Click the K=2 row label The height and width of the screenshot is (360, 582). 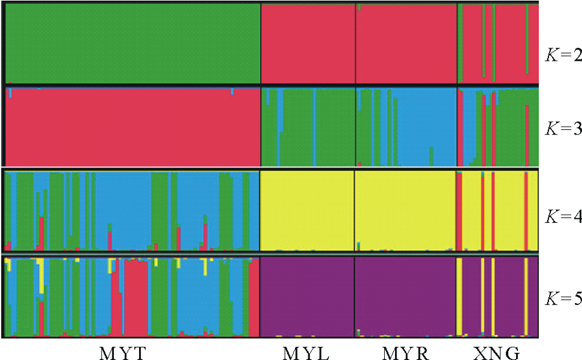tap(561, 52)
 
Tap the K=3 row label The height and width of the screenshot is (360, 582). tap(561, 128)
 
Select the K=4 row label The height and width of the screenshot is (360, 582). tap(561, 216)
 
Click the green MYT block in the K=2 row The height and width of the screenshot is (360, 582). tap(133, 43)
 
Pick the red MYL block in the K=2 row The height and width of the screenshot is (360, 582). tap(308, 43)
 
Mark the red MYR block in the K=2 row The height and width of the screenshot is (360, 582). tap(406, 43)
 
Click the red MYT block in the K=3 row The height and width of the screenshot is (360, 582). tap(133, 127)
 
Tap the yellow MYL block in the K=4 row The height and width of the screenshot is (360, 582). tap(307, 210)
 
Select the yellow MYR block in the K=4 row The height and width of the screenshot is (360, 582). tap(405, 210)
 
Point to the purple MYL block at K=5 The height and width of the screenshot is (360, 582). tap(307, 296)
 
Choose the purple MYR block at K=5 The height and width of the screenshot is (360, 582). tap(405, 296)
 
